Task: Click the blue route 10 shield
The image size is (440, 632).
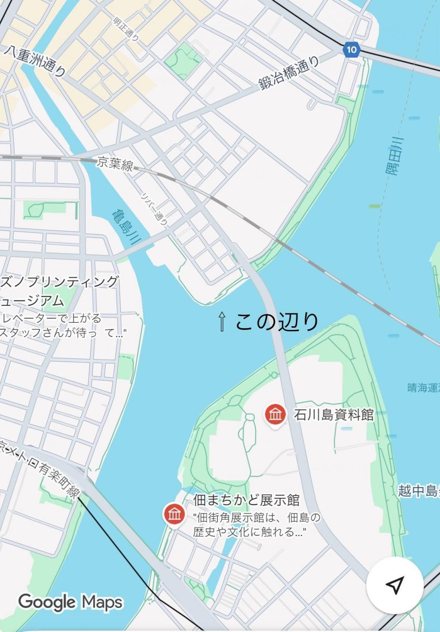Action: [351, 49]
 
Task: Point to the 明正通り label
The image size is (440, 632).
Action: [126, 29]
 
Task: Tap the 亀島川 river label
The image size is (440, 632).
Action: [124, 226]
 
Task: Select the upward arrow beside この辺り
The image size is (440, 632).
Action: [222, 322]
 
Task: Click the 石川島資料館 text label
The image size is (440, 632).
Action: [333, 415]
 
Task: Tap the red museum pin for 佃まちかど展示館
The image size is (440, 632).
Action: [174, 514]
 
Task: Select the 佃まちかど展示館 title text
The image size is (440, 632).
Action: [246, 500]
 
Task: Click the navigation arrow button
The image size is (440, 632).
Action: [394, 585]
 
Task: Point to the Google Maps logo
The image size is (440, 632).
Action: [70, 602]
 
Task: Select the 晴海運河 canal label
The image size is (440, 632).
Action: [423, 388]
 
